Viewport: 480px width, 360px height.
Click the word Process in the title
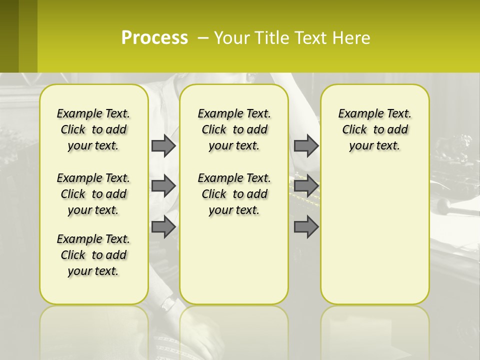click(x=154, y=38)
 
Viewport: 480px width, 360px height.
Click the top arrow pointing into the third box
click(x=306, y=145)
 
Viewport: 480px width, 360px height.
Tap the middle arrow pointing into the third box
click(x=306, y=186)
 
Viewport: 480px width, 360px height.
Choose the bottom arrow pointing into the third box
click(x=306, y=227)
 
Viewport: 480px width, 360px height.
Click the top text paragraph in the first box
click(x=93, y=129)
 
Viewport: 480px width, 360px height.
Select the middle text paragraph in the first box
click(x=93, y=194)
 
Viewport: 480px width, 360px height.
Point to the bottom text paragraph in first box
click(x=93, y=255)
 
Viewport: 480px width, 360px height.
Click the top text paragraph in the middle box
click(x=234, y=129)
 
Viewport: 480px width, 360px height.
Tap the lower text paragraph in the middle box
click(x=234, y=194)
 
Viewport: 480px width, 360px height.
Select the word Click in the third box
click(x=354, y=130)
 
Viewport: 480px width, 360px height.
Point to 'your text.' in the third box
click(x=374, y=146)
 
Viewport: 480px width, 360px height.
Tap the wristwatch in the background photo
click(x=169, y=303)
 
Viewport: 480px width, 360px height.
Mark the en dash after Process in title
click(x=203, y=38)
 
